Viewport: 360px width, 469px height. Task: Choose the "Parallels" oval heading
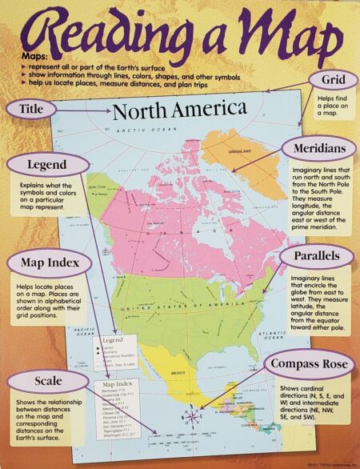pyautogui.click(x=317, y=256)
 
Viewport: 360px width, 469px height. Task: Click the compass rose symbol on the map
pyautogui.click(x=192, y=415)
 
